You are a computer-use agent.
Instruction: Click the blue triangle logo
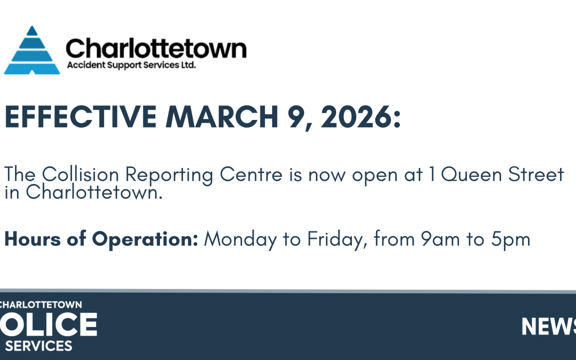(32, 50)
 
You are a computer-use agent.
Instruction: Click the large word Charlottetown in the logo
(156, 49)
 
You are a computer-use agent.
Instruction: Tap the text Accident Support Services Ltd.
(131, 65)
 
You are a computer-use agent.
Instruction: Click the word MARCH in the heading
(222, 117)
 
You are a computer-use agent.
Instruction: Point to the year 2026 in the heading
(356, 117)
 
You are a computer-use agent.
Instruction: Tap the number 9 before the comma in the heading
(295, 117)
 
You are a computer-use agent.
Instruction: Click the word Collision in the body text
(81, 174)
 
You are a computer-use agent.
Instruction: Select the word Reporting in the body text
(170, 175)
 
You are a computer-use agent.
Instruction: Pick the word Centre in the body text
(251, 174)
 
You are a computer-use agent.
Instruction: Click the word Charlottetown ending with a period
(94, 192)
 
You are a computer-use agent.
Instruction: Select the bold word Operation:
(145, 239)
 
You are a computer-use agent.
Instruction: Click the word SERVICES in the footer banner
(38, 346)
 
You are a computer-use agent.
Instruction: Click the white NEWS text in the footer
(549, 326)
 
